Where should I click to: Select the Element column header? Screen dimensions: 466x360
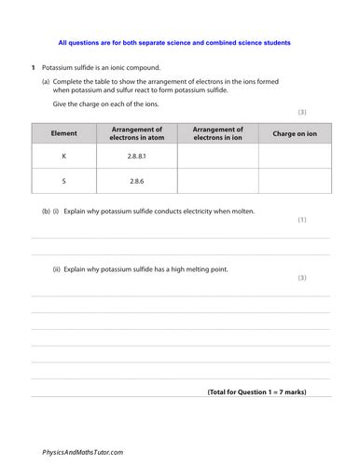pos(62,134)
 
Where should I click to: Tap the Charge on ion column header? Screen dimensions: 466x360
pos(295,134)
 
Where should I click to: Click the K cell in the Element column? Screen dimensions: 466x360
pos(62,157)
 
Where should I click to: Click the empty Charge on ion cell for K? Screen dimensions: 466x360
pos(295,157)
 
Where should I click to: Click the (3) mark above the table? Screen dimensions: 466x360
pos(326,112)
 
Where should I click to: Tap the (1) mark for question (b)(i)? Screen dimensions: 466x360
pos(326,220)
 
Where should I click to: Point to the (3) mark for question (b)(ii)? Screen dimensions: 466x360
pos(326,279)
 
